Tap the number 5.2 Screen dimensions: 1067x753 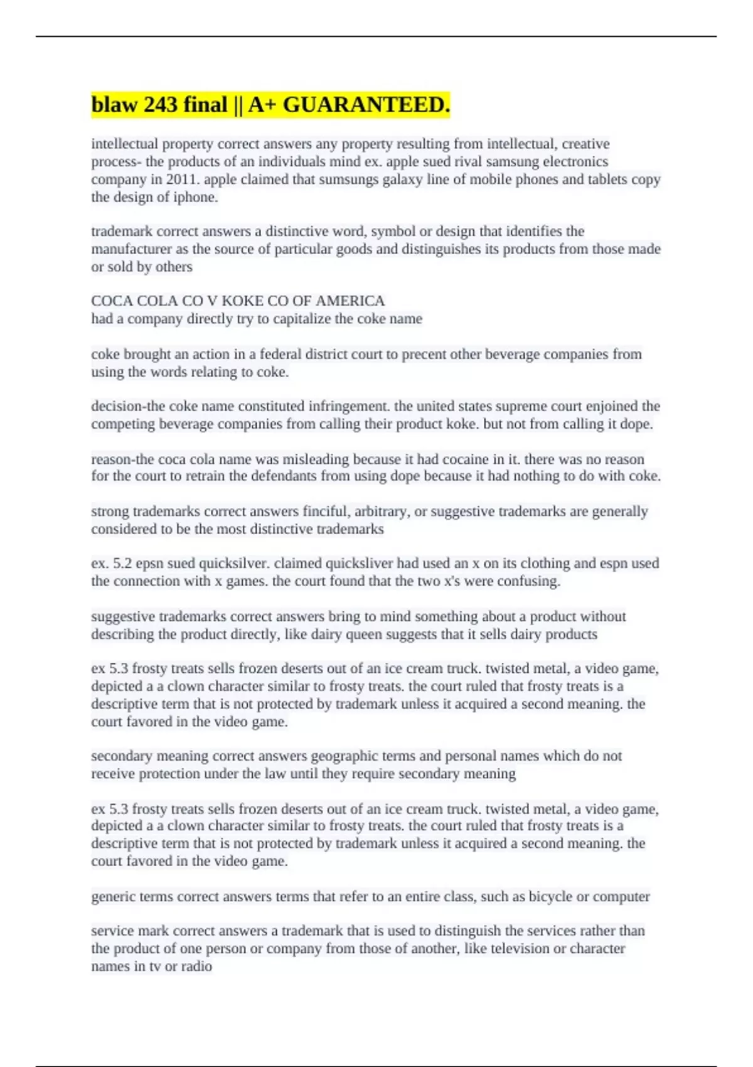(x=123, y=564)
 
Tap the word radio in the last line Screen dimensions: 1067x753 (x=196, y=967)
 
